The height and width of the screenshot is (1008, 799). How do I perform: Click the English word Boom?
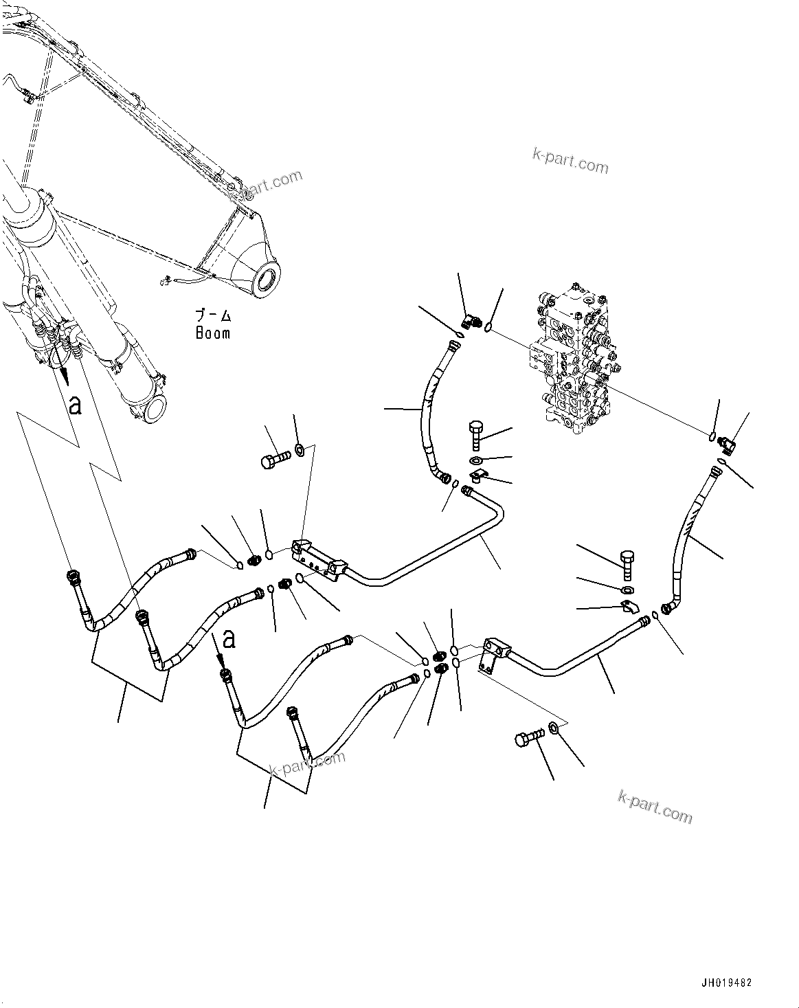[x=212, y=333]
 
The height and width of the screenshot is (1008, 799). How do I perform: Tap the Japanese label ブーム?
[x=213, y=315]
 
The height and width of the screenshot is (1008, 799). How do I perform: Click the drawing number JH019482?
[x=726, y=983]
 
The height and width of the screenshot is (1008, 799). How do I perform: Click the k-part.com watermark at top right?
[x=570, y=161]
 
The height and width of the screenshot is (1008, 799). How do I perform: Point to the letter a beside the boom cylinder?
[x=75, y=405]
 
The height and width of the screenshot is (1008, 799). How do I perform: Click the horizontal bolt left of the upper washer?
[x=275, y=460]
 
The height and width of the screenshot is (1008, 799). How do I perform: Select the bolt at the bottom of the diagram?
[x=530, y=739]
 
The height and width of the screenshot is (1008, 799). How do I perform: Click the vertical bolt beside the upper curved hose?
[x=476, y=435]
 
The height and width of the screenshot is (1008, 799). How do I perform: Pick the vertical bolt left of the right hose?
[x=627, y=565]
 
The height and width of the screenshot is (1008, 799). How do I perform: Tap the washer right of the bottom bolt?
[x=552, y=727]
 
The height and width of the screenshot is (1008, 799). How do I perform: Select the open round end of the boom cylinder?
[x=155, y=410]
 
